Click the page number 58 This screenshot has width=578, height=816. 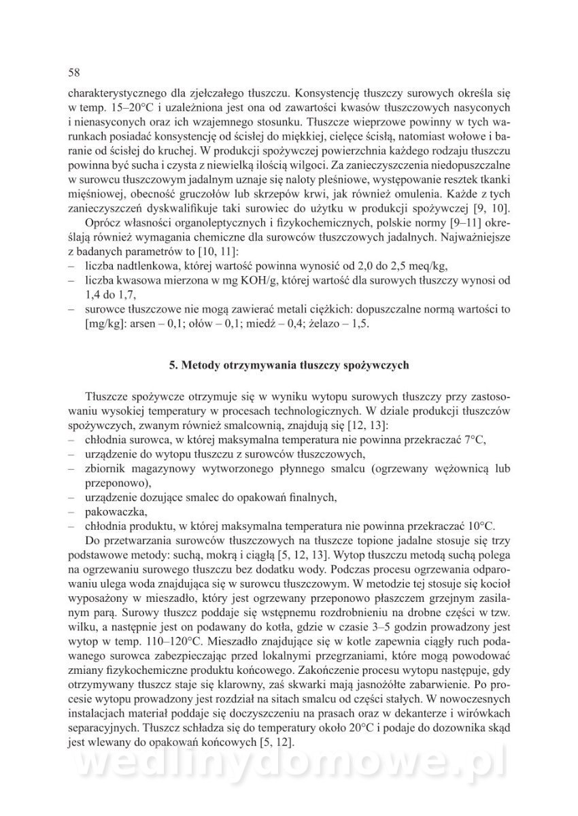(75, 72)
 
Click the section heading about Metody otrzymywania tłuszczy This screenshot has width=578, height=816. (288, 364)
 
